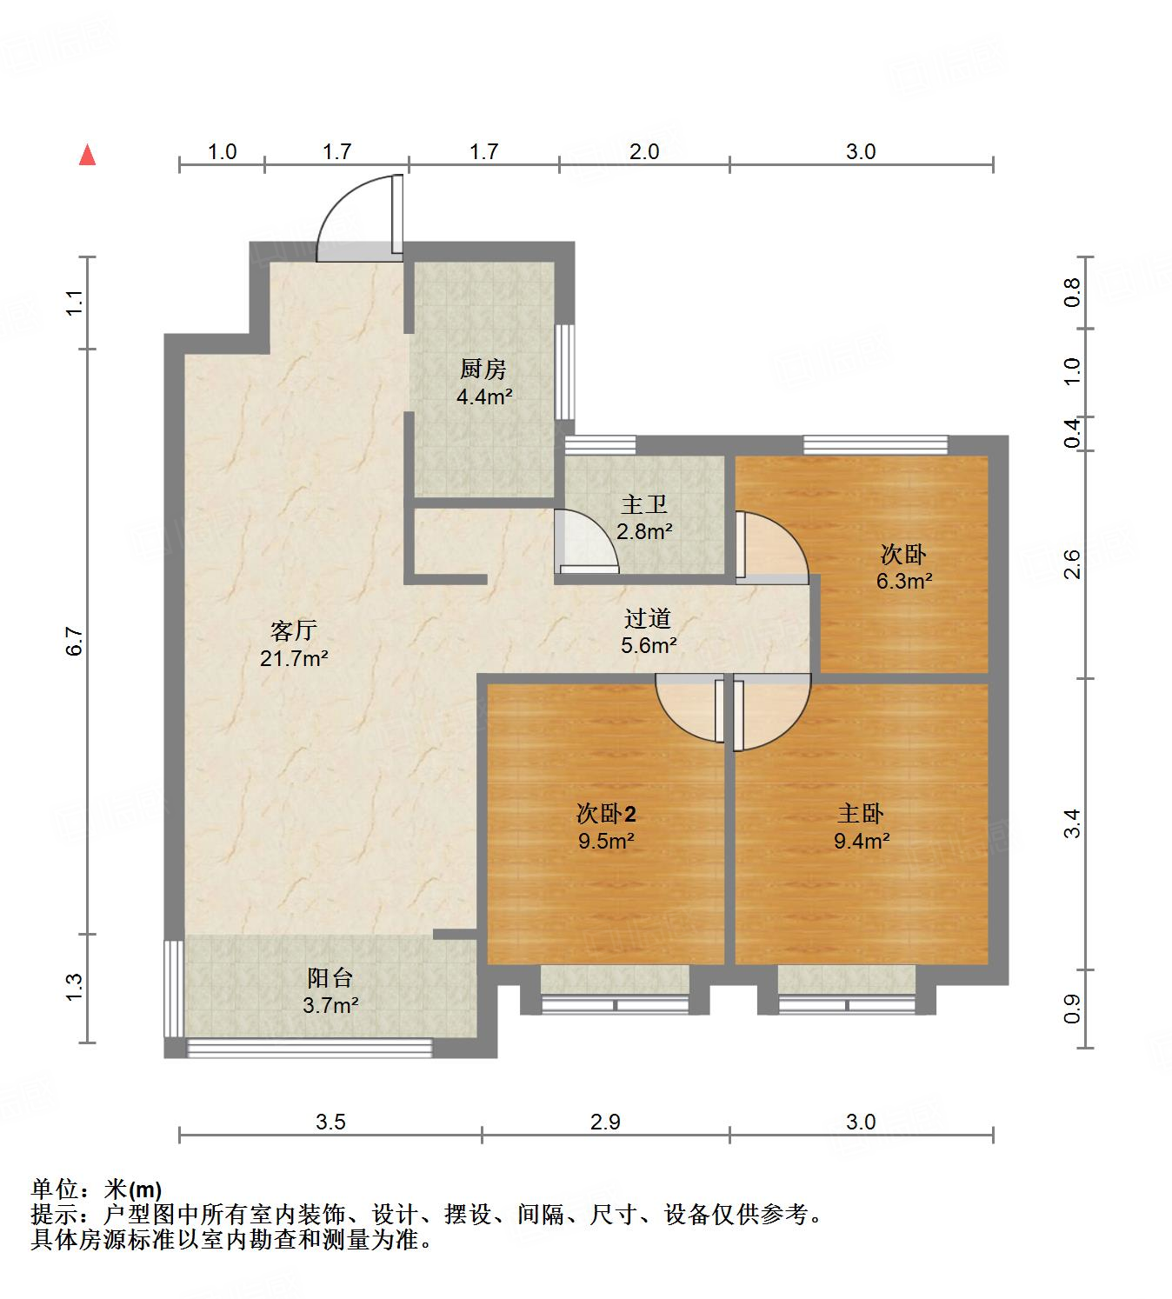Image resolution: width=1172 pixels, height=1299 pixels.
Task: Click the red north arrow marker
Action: (87, 156)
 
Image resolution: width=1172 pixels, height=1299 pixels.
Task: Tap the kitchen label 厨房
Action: (483, 370)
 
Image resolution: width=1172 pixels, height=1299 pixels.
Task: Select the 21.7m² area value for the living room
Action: (294, 658)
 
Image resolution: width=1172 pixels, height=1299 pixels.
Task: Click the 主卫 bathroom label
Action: (644, 504)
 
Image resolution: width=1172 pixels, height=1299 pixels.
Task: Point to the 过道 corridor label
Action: (648, 619)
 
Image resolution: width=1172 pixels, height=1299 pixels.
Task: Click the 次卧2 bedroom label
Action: (606, 814)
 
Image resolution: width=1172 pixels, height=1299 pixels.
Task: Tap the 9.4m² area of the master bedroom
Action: (861, 841)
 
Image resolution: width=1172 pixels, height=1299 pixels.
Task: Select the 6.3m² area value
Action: (904, 581)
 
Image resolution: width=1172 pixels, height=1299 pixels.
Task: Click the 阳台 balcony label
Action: (330, 978)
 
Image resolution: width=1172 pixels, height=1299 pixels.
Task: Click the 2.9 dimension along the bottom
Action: (605, 1122)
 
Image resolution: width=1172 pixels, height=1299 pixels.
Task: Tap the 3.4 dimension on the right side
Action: (1073, 823)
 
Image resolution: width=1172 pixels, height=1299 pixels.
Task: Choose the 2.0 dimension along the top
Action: (643, 151)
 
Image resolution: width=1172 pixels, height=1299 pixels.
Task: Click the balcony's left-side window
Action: (174, 987)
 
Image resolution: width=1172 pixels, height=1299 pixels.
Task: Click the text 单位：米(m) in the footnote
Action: (97, 1189)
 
